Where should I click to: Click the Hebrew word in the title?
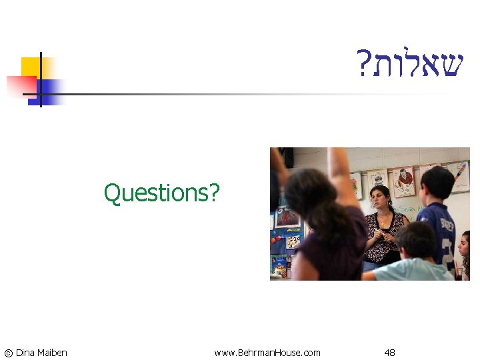(x=417, y=65)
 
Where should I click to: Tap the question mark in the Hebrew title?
(x=363, y=65)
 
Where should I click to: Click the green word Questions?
(x=161, y=193)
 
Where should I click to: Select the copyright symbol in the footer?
(x=8, y=353)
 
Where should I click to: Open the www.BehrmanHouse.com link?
(x=267, y=353)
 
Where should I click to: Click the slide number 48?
(x=389, y=353)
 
